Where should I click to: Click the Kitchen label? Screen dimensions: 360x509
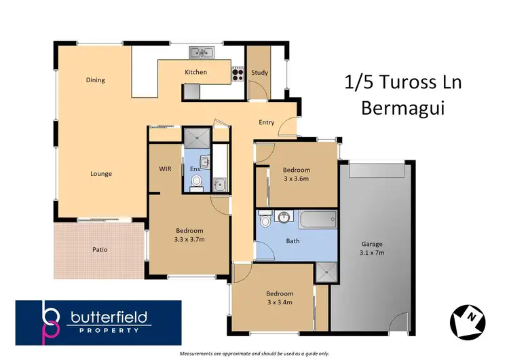click(195, 72)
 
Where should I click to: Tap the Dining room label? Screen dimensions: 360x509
click(96, 80)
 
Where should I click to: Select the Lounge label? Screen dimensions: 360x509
click(101, 173)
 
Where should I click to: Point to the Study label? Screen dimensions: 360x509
click(259, 72)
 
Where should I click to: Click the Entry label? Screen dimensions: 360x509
click(266, 122)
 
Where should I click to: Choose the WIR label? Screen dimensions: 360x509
click(164, 168)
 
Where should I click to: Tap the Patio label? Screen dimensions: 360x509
click(100, 249)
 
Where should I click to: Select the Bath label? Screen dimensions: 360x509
click(293, 240)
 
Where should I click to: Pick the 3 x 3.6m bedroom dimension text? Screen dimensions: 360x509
click(296, 179)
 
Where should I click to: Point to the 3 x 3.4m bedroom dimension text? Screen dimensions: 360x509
click(279, 302)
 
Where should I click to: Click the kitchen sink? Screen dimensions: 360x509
click(201, 52)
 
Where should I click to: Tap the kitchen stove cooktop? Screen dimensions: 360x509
click(238, 73)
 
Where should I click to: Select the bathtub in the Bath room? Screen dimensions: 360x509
click(318, 219)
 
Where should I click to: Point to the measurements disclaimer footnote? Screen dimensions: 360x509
click(254, 355)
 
